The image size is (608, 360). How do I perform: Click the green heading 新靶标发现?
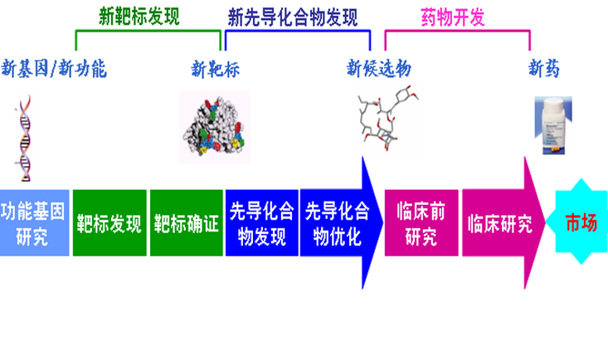pos(139,17)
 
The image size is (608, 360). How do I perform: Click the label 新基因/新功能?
pos(54,68)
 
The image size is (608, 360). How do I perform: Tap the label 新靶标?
pos(215,68)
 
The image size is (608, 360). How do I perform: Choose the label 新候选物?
pos(378,68)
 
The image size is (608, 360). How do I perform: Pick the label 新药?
pos(544,68)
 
